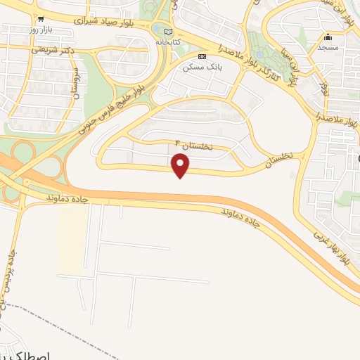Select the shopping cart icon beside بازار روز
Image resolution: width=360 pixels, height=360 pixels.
click(42, 19)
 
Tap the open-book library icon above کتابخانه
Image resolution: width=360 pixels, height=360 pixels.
click(167, 32)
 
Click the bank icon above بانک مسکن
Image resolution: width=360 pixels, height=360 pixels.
click(202, 56)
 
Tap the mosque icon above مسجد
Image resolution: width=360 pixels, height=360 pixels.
click(328, 37)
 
